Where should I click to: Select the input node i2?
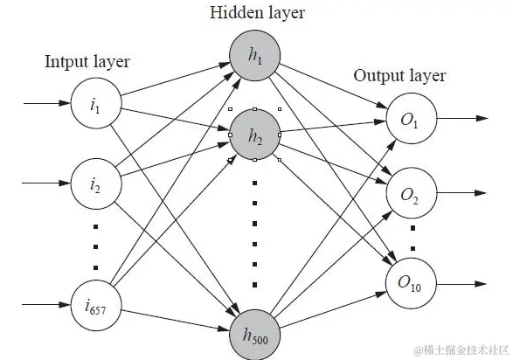click(x=95, y=183)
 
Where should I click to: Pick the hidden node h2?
click(x=254, y=135)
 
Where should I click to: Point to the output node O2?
click(x=411, y=192)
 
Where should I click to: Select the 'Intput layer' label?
click(x=87, y=62)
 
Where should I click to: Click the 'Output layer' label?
click(x=399, y=75)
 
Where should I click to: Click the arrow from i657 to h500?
click(x=175, y=318)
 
